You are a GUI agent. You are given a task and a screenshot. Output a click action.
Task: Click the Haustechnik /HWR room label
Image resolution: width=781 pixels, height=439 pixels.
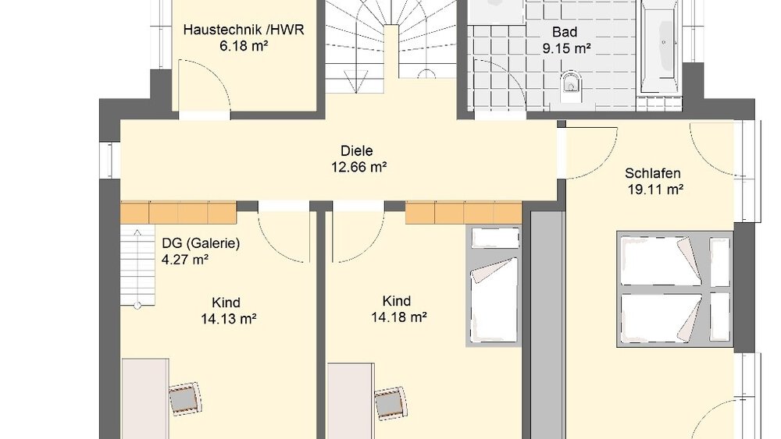tap(244, 30)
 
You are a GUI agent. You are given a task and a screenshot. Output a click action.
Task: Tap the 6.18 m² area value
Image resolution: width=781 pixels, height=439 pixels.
tap(244, 46)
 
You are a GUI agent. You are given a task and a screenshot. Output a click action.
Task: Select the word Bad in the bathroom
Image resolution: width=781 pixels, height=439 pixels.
tap(564, 32)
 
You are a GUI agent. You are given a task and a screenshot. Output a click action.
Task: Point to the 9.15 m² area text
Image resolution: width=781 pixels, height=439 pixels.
tap(566, 48)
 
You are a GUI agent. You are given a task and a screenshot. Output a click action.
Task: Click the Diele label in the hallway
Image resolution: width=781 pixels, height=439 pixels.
tap(356, 150)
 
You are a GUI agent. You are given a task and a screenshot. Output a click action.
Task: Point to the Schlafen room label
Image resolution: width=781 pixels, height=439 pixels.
tap(652, 173)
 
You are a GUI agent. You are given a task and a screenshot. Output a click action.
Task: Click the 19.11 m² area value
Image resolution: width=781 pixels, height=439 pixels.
tap(654, 188)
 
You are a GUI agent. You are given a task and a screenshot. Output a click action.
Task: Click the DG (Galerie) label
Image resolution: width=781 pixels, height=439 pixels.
tap(201, 243)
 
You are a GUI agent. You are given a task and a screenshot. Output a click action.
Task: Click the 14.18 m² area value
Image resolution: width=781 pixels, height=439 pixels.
tap(398, 317)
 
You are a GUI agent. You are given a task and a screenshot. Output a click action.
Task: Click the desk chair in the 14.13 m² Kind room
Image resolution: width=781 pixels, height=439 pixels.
tap(185, 398)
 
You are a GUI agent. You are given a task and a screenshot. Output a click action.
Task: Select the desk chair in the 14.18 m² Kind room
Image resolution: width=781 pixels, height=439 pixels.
tap(390, 403)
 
